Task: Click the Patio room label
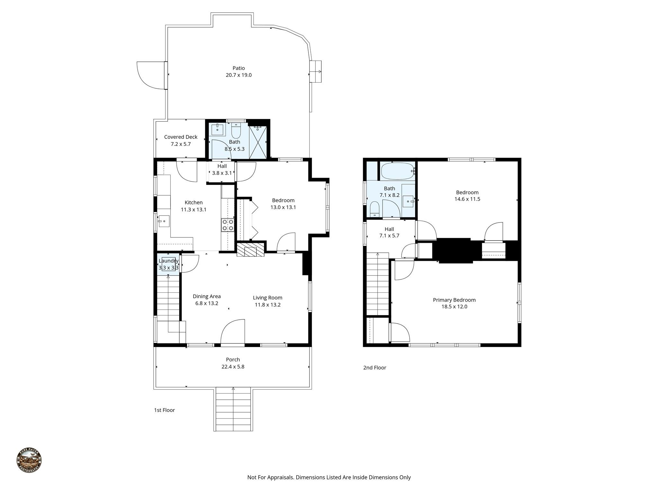(x=238, y=68)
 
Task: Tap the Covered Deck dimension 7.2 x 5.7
(x=181, y=144)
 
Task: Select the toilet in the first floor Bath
(x=236, y=131)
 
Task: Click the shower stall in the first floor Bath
(x=258, y=142)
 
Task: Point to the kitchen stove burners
(x=227, y=224)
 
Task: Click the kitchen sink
(x=164, y=221)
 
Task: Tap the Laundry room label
(x=168, y=261)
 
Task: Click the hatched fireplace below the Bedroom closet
(x=250, y=250)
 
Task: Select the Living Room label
(x=267, y=298)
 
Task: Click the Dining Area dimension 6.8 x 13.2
(x=207, y=303)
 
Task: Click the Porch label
(x=233, y=360)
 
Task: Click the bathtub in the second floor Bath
(x=397, y=171)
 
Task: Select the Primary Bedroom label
(x=454, y=300)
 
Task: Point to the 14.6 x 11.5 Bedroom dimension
(x=467, y=199)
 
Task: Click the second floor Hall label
(x=389, y=229)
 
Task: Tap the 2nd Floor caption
(x=375, y=368)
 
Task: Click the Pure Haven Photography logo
(x=29, y=460)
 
